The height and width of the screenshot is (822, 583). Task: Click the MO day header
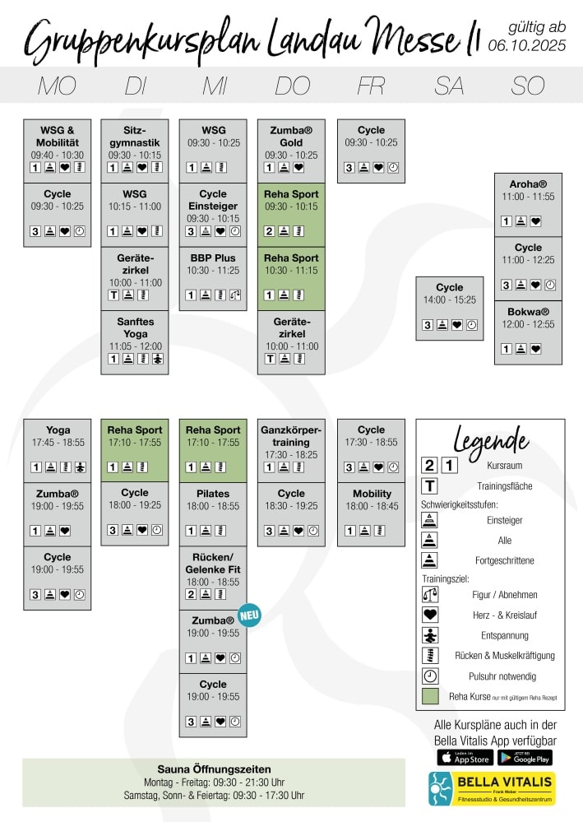click(x=57, y=86)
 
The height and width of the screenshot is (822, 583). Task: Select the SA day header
click(x=450, y=86)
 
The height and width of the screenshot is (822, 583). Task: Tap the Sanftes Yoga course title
click(x=135, y=327)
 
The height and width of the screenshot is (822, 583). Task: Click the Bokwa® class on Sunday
click(x=528, y=312)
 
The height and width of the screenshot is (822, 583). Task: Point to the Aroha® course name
click(x=528, y=184)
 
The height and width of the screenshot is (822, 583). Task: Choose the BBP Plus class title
click(x=213, y=258)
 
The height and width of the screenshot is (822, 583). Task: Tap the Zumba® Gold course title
click(x=291, y=137)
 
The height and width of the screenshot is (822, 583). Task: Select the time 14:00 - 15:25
click(x=450, y=300)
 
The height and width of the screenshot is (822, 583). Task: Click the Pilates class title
click(x=213, y=494)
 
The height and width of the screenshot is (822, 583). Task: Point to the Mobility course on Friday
click(x=372, y=494)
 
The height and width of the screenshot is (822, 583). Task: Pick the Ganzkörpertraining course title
click(x=291, y=436)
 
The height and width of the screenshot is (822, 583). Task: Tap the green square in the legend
click(x=429, y=696)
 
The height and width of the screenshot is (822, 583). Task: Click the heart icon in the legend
click(x=429, y=615)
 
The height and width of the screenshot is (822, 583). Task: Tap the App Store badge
click(x=465, y=757)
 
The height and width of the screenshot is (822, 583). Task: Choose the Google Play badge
click(x=525, y=757)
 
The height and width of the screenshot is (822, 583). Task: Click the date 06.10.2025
click(x=526, y=46)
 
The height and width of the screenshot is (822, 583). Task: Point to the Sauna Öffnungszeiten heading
click(x=214, y=769)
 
